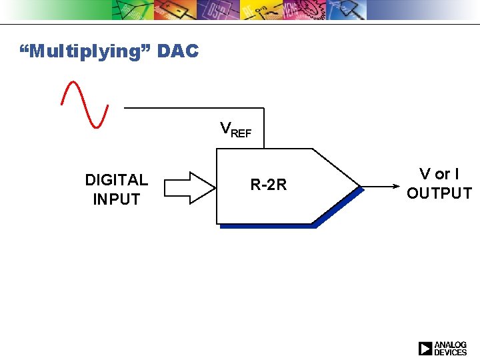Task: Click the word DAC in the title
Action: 178,51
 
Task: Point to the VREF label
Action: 236,129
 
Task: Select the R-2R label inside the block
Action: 269,185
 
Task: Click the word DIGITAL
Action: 117,179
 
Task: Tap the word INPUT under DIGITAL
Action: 117,199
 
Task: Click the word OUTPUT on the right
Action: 439,193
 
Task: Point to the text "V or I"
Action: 439,174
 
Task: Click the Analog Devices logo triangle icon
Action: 425,348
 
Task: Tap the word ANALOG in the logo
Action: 451,345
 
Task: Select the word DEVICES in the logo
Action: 451,352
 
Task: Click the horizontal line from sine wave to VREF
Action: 193,107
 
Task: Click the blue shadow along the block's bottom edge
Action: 267,226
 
